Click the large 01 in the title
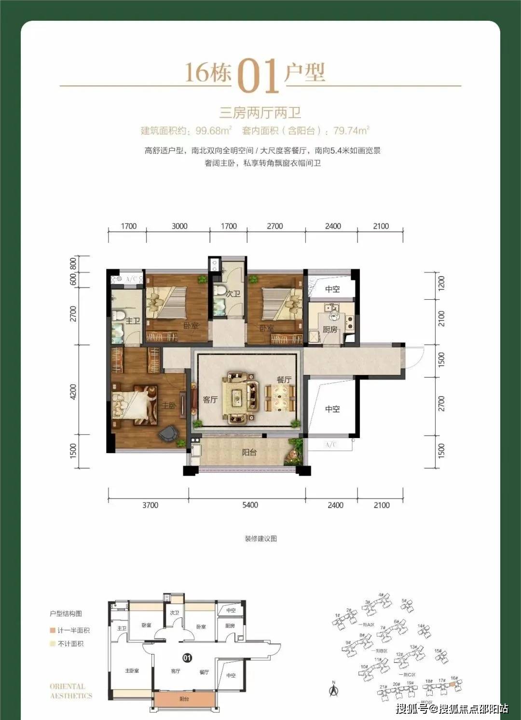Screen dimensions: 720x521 click(259, 76)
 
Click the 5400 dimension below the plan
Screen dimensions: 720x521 click(250, 505)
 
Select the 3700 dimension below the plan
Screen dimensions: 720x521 click(150, 505)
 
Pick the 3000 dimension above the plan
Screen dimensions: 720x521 click(179, 226)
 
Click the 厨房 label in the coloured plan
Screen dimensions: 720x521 click(330, 330)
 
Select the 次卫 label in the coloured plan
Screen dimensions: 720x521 click(233, 293)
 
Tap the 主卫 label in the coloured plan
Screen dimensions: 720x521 click(132, 321)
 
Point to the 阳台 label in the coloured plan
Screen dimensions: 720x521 click(249, 453)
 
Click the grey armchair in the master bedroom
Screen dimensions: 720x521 click(169, 433)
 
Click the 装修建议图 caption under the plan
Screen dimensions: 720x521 click(260, 538)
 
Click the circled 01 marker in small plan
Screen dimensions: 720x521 click(187, 657)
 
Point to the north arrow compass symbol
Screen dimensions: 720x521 click(333, 689)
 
